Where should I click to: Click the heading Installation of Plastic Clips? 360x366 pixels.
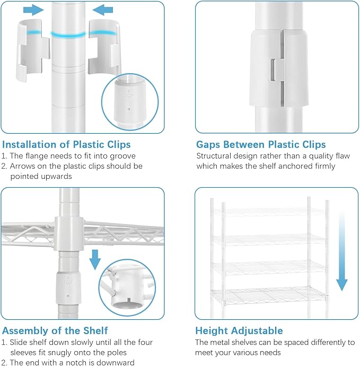pos(66,144)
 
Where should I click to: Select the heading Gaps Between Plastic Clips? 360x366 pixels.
pos(261,144)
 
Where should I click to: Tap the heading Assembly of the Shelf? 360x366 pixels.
pos(55,331)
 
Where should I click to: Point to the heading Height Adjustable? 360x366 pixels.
pos(239,331)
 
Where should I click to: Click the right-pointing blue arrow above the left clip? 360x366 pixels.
pos(33,10)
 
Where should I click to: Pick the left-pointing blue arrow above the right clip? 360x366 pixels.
pos(103,10)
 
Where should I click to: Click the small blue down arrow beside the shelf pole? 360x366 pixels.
pos(95,259)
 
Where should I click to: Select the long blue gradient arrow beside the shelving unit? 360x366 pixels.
pos(342,251)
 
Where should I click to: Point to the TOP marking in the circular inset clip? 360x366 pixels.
pos(128,95)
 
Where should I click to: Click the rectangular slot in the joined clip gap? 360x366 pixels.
pos(273,71)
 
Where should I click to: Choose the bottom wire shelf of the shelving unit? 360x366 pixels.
pos(269,296)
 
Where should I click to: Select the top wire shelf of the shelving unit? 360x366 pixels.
pos(269,212)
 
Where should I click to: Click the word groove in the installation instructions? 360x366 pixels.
pos(122,156)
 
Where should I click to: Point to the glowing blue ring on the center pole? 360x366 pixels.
pos(68,35)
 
